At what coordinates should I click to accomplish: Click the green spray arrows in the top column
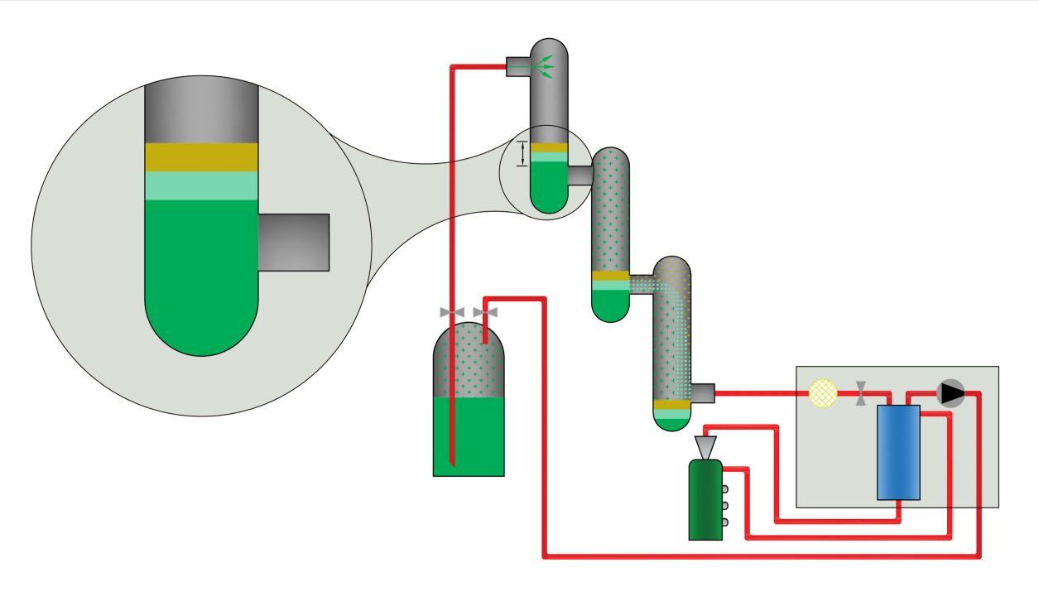click(x=543, y=67)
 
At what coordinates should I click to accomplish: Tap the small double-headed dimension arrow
click(x=522, y=153)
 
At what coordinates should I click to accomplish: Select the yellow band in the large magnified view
click(x=201, y=157)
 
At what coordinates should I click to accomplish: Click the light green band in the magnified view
click(x=201, y=185)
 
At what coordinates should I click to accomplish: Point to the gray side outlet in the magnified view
click(x=294, y=242)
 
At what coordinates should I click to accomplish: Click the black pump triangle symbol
click(x=951, y=393)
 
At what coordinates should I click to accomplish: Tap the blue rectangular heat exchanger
click(x=898, y=452)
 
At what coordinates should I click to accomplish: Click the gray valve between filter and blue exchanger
click(x=862, y=393)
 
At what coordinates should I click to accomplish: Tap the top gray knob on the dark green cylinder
click(x=724, y=473)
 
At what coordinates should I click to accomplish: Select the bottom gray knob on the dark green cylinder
click(x=724, y=522)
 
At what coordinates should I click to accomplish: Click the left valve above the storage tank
click(x=452, y=312)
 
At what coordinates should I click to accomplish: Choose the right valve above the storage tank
click(x=485, y=312)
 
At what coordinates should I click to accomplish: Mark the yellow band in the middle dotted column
click(x=610, y=276)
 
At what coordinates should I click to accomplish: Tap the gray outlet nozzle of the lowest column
click(x=702, y=393)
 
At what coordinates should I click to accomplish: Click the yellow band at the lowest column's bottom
click(x=671, y=405)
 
